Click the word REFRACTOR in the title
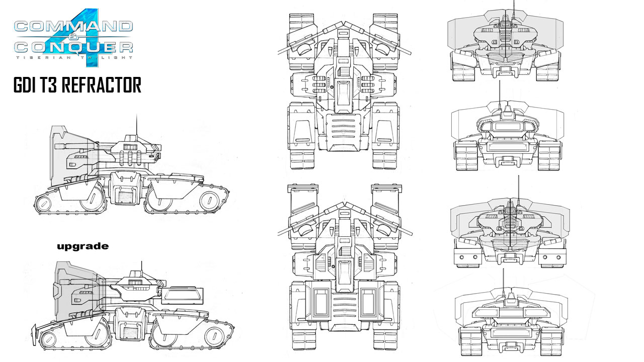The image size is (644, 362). (x=102, y=85)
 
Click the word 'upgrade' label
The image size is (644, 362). (x=83, y=246)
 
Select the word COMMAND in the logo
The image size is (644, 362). (x=73, y=27)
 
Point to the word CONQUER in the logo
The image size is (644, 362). (x=73, y=47)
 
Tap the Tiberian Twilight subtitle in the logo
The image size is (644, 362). (x=74, y=57)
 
